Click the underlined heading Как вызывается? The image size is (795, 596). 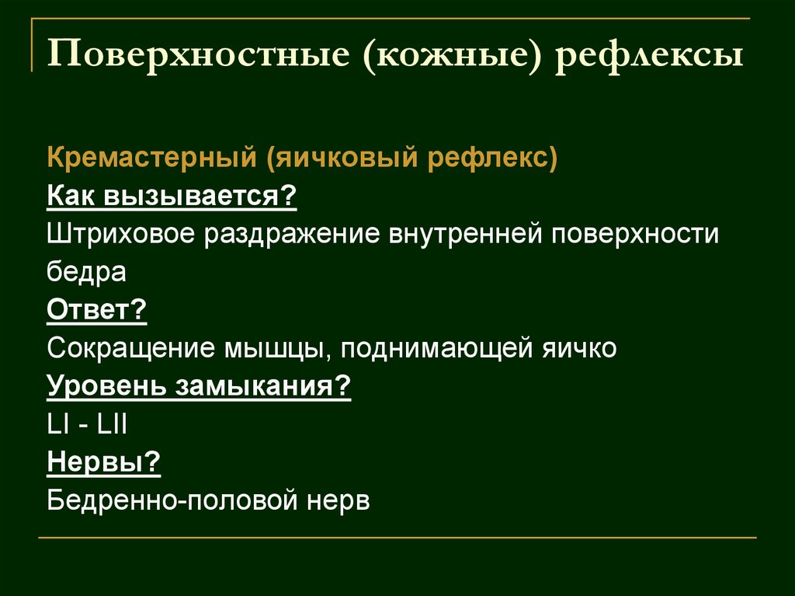172,195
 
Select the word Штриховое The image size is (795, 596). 120,234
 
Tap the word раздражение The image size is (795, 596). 291,234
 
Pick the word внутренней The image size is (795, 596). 467,234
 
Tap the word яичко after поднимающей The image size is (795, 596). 578,348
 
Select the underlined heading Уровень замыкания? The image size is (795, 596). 200,386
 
